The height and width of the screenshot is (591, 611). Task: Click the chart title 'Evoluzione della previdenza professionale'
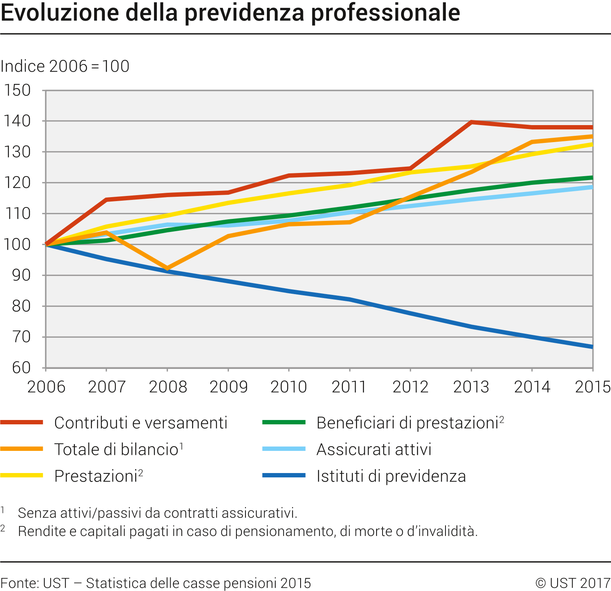coord(230,13)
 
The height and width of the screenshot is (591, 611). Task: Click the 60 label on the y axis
coord(21,368)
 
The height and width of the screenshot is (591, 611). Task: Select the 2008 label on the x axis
coord(168,387)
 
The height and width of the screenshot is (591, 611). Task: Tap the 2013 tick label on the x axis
coord(471,387)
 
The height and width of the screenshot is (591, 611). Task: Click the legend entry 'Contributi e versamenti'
coord(141,423)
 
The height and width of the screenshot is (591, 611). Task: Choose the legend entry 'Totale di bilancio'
coord(116,449)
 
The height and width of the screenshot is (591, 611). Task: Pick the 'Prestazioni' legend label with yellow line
coord(96,476)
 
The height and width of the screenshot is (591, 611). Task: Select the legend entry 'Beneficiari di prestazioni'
coord(407,423)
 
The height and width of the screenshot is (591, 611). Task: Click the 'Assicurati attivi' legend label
coord(374,449)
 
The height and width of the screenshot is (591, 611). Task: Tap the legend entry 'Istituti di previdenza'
coord(391,476)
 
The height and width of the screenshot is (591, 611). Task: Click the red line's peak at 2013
coord(471,122)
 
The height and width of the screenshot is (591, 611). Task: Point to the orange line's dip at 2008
coord(168,268)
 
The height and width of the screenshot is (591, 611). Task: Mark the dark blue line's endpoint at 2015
coord(592,347)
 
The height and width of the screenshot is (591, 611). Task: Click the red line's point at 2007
coord(107,200)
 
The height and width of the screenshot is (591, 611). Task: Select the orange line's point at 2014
coord(532,142)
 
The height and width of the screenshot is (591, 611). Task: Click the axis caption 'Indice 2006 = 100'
coord(65,66)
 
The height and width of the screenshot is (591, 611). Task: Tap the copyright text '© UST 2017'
coord(573,583)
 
